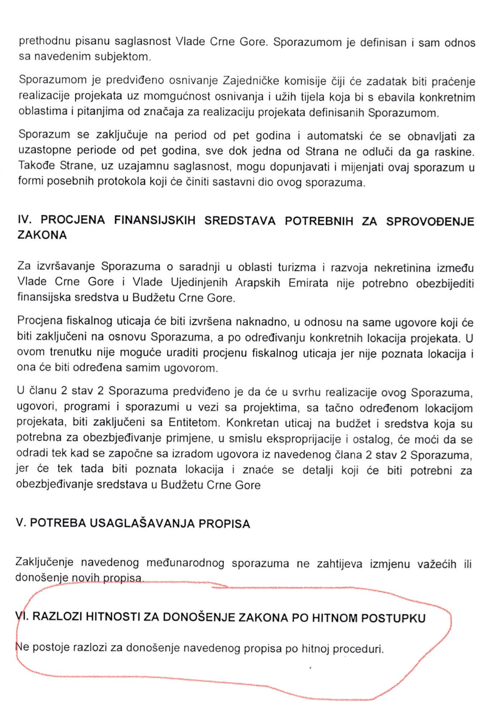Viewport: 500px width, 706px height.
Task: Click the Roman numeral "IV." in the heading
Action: click(x=24, y=220)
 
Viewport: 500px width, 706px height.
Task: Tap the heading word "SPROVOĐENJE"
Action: click(x=430, y=221)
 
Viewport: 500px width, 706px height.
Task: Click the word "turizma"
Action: click(x=297, y=268)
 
